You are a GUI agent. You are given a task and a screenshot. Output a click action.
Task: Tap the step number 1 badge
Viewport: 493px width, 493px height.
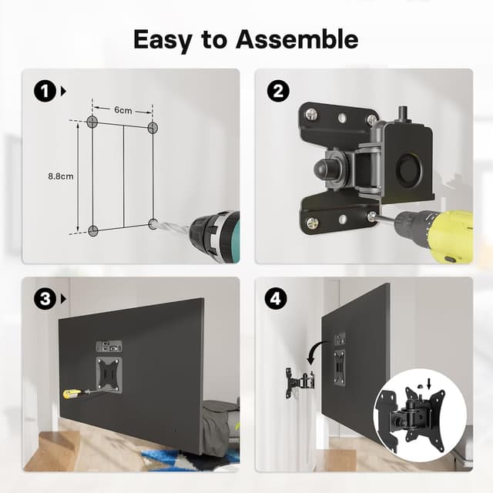point(44,91)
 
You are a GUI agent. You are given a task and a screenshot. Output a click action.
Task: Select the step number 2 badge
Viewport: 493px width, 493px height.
point(277,91)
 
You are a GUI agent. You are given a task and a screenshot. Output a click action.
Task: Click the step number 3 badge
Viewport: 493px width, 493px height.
point(44,298)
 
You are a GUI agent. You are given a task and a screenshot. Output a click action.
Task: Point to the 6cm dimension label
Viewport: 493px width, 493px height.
point(122,109)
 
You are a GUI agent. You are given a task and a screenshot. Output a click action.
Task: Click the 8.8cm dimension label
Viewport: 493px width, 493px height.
point(60,176)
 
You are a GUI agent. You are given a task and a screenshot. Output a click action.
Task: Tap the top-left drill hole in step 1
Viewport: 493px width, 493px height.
point(92,122)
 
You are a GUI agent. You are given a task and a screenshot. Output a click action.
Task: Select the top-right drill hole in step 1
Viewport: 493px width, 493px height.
point(152,126)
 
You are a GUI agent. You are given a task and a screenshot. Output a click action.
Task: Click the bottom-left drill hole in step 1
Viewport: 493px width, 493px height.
point(92,230)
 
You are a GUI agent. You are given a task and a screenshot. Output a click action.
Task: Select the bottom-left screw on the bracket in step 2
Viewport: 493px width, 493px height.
point(313,223)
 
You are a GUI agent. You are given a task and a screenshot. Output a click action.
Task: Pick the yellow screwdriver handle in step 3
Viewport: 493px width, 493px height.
point(71,394)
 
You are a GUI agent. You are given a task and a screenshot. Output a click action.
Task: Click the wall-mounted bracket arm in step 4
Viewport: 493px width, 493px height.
point(301,381)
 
